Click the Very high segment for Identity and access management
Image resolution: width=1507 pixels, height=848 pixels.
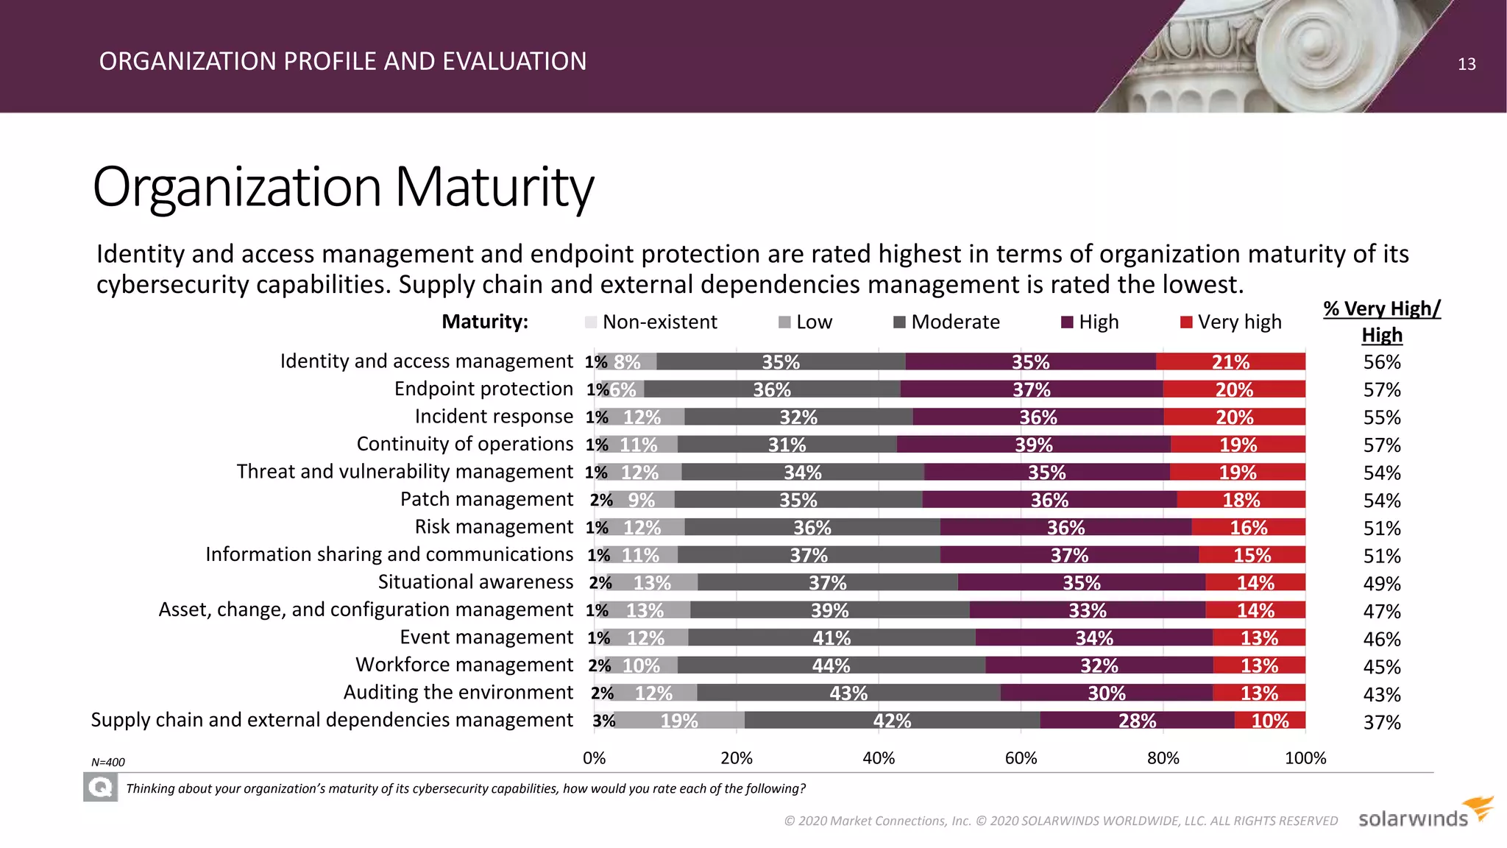tap(1230, 361)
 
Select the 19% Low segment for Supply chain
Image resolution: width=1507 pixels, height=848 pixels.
tap(679, 721)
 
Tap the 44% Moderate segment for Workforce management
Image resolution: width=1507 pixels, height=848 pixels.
tap(831, 665)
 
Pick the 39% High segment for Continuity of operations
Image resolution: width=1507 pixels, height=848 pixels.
tap(1033, 445)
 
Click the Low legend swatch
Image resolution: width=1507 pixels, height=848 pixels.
tap(784, 322)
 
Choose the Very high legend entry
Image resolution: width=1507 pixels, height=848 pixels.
tap(1230, 322)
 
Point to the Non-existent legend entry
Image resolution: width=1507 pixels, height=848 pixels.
tap(651, 322)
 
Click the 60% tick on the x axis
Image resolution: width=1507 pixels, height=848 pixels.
tap(1021, 758)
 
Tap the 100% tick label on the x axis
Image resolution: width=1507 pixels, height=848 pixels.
tap(1305, 758)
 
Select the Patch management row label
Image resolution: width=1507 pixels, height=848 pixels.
tap(486, 499)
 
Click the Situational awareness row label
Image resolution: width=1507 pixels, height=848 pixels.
tap(475, 582)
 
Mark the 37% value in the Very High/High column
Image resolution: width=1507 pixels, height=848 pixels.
tap(1382, 722)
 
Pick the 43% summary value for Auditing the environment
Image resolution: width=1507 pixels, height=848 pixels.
tap(1382, 694)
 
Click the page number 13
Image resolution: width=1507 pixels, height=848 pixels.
tap(1467, 64)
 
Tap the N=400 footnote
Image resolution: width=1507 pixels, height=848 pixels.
tap(108, 763)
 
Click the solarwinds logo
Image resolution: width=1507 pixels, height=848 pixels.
tap(1425, 814)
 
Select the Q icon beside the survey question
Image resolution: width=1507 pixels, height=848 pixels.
tap(100, 788)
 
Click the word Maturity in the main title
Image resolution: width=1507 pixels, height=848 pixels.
tap(494, 187)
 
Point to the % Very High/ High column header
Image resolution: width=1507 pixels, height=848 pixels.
tap(1382, 322)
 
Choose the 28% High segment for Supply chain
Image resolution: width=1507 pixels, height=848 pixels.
tap(1137, 721)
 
